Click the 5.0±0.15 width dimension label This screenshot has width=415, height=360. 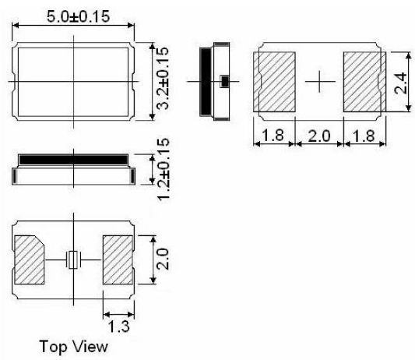pos(78,16)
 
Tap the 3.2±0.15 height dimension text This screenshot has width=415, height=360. pos(162,78)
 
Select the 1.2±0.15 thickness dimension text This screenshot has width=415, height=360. pos(163,170)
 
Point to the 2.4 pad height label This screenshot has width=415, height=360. pos(400,83)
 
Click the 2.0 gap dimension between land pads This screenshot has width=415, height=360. pos(319,136)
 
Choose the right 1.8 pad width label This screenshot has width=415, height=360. pos(364,136)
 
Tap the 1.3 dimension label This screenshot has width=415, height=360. pos(119,326)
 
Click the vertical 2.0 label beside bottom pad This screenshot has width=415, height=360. pos(163,259)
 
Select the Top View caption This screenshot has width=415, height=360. pos(73,346)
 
